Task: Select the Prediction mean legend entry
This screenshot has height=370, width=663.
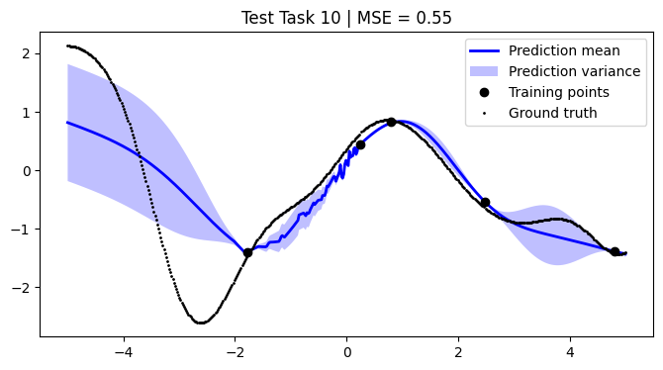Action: (564, 50)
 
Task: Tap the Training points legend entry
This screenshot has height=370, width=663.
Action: (558, 92)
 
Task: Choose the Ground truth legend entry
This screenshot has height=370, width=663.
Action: (552, 113)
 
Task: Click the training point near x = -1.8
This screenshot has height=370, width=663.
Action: (247, 252)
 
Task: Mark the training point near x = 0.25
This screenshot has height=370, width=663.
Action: (360, 144)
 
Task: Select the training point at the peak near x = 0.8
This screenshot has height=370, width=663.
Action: (392, 122)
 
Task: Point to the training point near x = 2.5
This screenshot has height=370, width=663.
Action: (485, 202)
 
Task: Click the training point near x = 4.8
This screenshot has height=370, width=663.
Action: (615, 251)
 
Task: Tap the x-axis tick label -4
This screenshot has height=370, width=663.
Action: (123, 350)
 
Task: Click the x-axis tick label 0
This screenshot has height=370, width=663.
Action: (346, 350)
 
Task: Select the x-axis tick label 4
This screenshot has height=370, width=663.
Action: (570, 350)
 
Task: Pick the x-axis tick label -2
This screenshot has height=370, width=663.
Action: (235, 350)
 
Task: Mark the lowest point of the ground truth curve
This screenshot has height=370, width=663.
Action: (201, 323)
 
